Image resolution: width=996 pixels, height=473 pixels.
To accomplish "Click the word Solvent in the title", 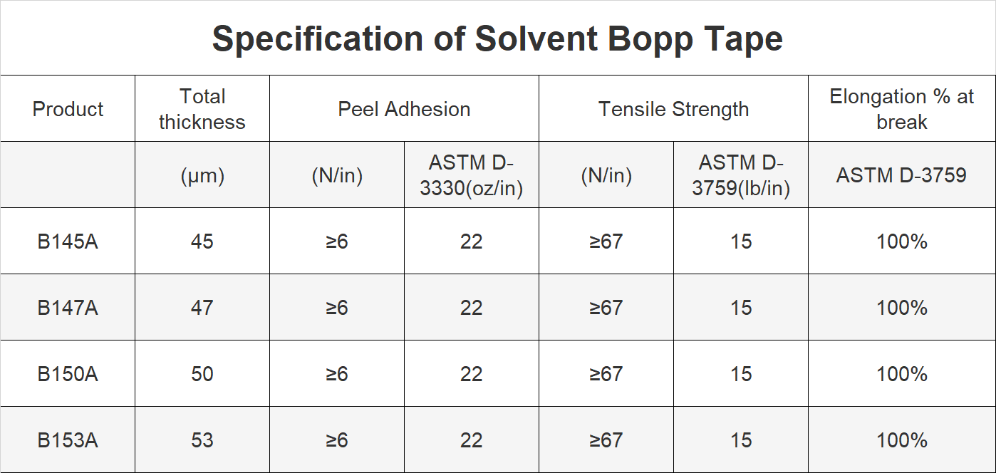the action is click(x=536, y=38).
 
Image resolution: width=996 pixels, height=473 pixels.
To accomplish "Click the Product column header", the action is click(x=68, y=109).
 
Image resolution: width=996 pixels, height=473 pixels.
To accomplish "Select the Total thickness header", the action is click(x=202, y=109).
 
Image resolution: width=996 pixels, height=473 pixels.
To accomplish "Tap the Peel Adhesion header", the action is click(x=404, y=109).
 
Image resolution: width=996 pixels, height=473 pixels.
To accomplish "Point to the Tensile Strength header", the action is click(x=674, y=109).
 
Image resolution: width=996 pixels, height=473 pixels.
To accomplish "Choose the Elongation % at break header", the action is click(x=902, y=109).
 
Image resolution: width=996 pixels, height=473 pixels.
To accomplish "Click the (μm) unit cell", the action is click(x=202, y=176).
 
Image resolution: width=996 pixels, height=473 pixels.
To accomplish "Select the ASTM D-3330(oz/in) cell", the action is click(x=472, y=175).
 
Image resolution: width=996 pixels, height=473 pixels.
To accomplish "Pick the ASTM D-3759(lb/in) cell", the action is click(x=741, y=175).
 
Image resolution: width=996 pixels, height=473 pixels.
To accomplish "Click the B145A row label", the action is click(x=68, y=241).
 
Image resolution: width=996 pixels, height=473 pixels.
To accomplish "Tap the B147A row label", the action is click(x=68, y=308).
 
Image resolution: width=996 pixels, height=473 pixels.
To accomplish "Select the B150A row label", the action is click(x=68, y=374).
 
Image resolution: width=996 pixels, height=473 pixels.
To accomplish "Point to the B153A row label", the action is click(x=68, y=440).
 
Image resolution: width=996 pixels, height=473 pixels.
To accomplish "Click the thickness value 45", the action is click(x=202, y=241).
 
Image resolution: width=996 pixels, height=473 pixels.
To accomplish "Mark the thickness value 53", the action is click(x=202, y=440).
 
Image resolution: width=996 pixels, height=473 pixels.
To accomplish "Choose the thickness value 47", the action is click(x=202, y=308).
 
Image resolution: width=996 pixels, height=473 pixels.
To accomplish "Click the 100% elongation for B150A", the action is click(x=902, y=374).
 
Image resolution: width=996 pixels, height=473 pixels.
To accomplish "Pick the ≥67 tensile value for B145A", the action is click(x=606, y=241).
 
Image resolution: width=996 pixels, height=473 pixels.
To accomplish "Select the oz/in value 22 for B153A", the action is click(x=472, y=440).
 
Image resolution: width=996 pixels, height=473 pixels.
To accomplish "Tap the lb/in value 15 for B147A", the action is click(x=741, y=308).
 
